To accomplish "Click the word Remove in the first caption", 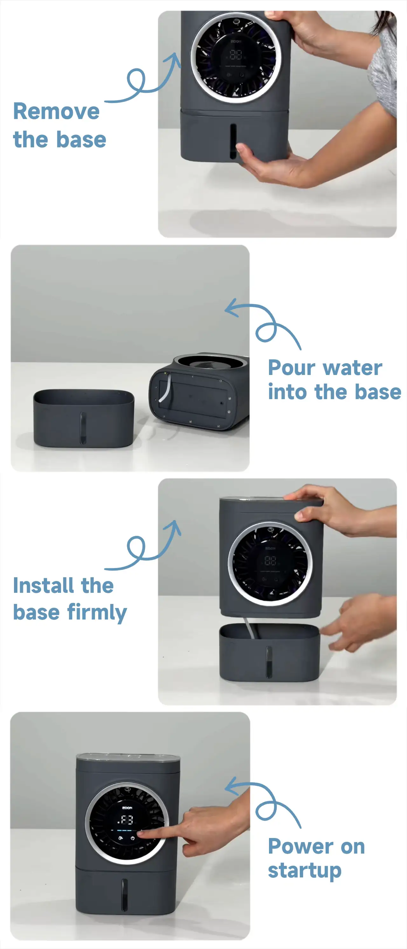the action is [x=56, y=111].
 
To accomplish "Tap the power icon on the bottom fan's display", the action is [x=133, y=838].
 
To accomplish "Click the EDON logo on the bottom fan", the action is [x=127, y=808].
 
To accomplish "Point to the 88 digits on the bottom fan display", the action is [x=127, y=820].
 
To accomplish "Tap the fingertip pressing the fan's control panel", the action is [x=140, y=833].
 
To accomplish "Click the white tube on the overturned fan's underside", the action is [x=166, y=388].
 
